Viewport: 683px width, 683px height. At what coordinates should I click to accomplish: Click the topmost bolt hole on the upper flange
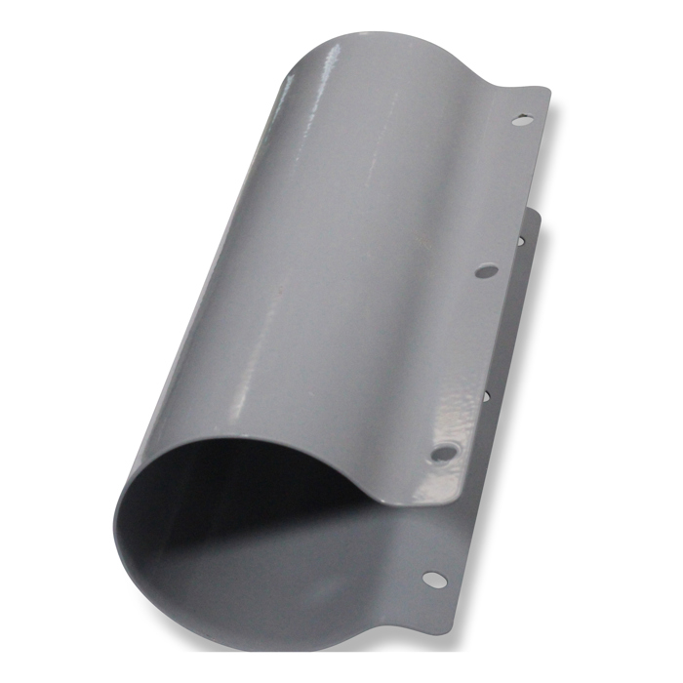(x=523, y=120)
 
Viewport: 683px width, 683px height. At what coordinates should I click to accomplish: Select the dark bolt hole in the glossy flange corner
(x=442, y=453)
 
